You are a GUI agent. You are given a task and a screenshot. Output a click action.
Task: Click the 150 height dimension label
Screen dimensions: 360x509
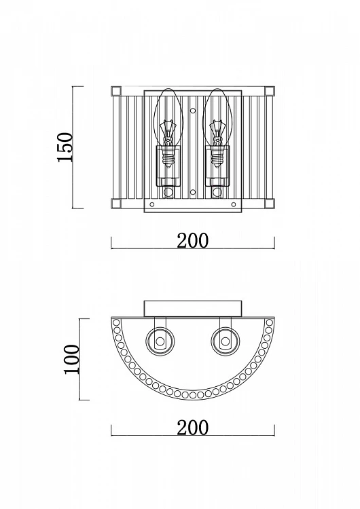point(65,147)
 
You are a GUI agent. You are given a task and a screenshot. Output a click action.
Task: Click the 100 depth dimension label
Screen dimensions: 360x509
point(72,359)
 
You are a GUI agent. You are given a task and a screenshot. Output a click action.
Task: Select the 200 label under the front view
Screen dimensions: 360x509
point(193,240)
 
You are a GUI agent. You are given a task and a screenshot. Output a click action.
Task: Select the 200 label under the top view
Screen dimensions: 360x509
point(193,427)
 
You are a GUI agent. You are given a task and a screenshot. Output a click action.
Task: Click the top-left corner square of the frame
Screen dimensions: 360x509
point(116,91)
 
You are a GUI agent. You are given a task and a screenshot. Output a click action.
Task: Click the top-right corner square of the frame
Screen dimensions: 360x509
point(270,91)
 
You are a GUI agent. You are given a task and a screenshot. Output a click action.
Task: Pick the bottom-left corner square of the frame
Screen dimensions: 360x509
point(116,204)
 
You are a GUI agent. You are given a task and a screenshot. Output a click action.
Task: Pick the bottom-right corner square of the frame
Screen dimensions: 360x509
point(270,204)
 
